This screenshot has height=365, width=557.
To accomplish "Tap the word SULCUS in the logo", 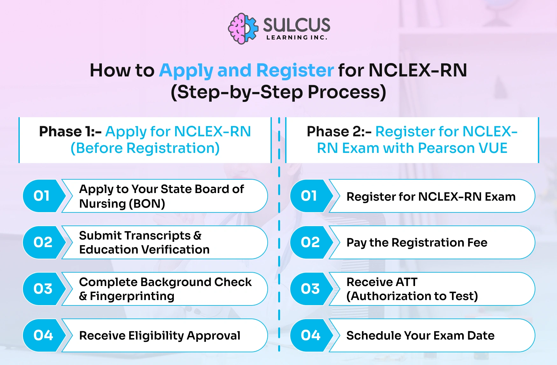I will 297,25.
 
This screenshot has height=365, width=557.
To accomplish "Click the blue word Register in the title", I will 295,70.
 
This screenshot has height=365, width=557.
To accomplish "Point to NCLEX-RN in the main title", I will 418,70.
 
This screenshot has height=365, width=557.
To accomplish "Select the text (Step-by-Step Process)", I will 278,92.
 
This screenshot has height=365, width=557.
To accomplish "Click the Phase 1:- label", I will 70,132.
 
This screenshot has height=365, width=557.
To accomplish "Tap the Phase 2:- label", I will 339,132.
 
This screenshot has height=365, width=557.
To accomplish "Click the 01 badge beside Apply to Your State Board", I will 42,196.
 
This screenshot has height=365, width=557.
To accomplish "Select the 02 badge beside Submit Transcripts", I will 43,242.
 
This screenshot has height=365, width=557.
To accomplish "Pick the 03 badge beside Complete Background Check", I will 43,289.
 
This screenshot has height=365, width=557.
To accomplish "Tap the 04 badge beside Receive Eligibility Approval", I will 43,335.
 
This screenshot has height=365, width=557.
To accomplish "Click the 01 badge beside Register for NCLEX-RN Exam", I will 309,196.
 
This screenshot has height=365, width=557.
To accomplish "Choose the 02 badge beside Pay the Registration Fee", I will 310,242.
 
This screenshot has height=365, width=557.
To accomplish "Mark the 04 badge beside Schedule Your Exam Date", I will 310,335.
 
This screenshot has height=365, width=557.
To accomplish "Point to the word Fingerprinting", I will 132,296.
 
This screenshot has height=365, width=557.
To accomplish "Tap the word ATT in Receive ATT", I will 405,282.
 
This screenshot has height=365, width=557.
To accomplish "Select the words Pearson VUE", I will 462,148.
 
